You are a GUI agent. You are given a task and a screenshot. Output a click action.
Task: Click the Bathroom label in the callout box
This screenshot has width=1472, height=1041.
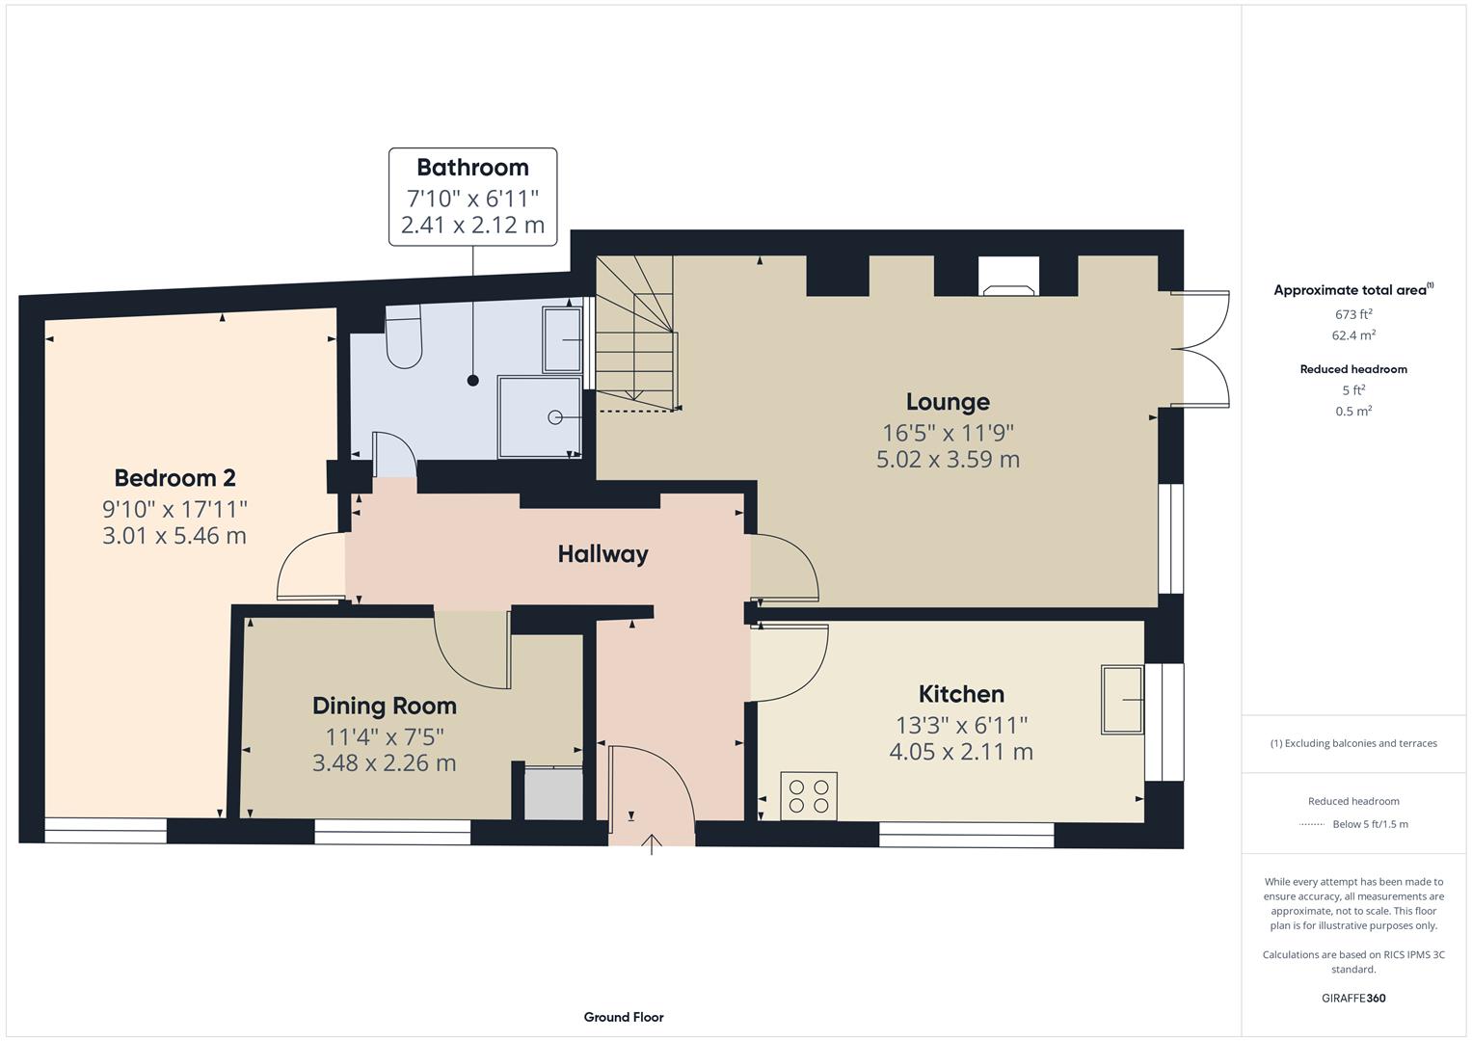[x=472, y=168]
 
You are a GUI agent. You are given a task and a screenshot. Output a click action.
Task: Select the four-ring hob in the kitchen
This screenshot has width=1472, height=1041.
[x=809, y=796]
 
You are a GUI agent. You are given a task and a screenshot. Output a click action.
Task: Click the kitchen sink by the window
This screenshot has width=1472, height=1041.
[x=1123, y=699]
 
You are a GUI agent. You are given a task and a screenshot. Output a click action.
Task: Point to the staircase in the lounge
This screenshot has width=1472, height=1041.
[x=635, y=333]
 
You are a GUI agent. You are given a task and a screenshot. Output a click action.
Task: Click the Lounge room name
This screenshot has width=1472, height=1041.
[x=948, y=402]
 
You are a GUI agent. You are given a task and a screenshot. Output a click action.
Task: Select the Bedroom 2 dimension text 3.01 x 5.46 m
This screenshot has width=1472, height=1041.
[x=174, y=536]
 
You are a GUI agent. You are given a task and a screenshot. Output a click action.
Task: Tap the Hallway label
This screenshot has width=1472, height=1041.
[x=602, y=554]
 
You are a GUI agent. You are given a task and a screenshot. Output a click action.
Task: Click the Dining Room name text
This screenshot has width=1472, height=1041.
[x=384, y=706]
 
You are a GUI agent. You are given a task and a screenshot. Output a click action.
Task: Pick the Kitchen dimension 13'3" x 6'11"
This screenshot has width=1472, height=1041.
[x=961, y=725]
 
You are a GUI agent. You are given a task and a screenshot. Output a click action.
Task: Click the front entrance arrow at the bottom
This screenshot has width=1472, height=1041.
[x=652, y=844]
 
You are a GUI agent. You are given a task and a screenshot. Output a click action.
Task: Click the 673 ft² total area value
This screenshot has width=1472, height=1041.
[x=1352, y=314]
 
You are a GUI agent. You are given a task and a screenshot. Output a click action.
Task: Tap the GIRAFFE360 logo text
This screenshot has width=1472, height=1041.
[x=1352, y=998]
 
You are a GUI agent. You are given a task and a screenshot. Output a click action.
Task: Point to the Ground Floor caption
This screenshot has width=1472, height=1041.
[x=623, y=1017]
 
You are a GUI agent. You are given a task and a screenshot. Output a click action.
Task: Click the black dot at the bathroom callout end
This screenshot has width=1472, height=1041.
[x=472, y=381]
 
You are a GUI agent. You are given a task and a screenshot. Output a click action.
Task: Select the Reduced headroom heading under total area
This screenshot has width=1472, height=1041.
[x=1352, y=369]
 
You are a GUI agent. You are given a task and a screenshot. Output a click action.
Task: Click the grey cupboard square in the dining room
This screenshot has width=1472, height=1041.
[x=553, y=793]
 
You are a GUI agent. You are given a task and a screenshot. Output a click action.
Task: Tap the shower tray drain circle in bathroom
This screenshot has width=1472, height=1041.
[x=555, y=417]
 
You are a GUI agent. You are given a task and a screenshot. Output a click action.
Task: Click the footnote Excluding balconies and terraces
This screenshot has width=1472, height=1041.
[x=1352, y=743]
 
